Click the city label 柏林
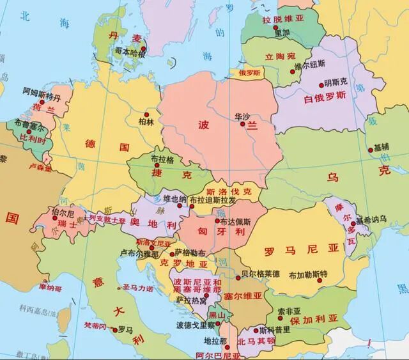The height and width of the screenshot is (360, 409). [146, 121]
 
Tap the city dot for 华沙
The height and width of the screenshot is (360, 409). [243, 123]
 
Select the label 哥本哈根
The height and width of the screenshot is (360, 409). [130, 51]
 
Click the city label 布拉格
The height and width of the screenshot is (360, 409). [162, 159]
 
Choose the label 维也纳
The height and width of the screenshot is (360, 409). [174, 198]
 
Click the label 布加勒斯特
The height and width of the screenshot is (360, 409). [307, 275]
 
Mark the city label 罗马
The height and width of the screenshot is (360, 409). [125, 330]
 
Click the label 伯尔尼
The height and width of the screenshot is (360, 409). [62, 212]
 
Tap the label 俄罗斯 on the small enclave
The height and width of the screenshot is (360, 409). [249, 73]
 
